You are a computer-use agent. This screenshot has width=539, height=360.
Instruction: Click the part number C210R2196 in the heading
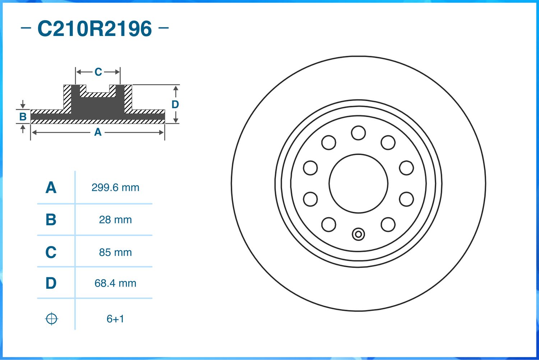(x=95, y=29)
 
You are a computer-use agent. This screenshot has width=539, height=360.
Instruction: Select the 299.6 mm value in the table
(x=115, y=187)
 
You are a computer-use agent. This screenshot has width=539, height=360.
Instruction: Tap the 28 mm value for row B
(x=115, y=220)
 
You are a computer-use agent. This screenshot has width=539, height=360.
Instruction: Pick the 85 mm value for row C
(x=115, y=252)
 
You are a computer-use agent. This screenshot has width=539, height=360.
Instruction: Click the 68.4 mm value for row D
(x=115, y=283)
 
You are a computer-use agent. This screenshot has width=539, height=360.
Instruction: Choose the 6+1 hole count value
(x=115, y=319)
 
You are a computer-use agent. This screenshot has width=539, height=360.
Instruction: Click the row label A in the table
(x=51, y=188)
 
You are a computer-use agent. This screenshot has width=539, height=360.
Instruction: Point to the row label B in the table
(x=51, y=220)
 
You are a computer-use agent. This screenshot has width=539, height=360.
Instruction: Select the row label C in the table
(x=51, y=252)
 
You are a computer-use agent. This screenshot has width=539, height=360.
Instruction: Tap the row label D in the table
(x=51, y=283)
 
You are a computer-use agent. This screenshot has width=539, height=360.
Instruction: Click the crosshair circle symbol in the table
(x=51, y=319)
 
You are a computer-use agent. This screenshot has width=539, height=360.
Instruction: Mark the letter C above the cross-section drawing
(x=98, y=72)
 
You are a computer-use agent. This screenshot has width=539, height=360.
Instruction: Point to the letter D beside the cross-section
(x=175, y=104)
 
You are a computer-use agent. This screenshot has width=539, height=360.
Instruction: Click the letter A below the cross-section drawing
(x=98, y=132)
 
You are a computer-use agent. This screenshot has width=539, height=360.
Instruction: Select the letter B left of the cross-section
(x=23, y=117)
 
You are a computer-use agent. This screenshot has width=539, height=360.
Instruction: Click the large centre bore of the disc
(x=358, y=183)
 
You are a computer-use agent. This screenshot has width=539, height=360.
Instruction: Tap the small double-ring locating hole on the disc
(x=358, y=234)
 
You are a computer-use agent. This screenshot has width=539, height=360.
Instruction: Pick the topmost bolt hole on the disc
(x=358, y=133)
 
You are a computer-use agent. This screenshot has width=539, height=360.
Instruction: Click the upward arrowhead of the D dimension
(x=175, y=88)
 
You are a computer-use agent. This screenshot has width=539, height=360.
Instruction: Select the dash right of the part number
(x=163, y=27)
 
